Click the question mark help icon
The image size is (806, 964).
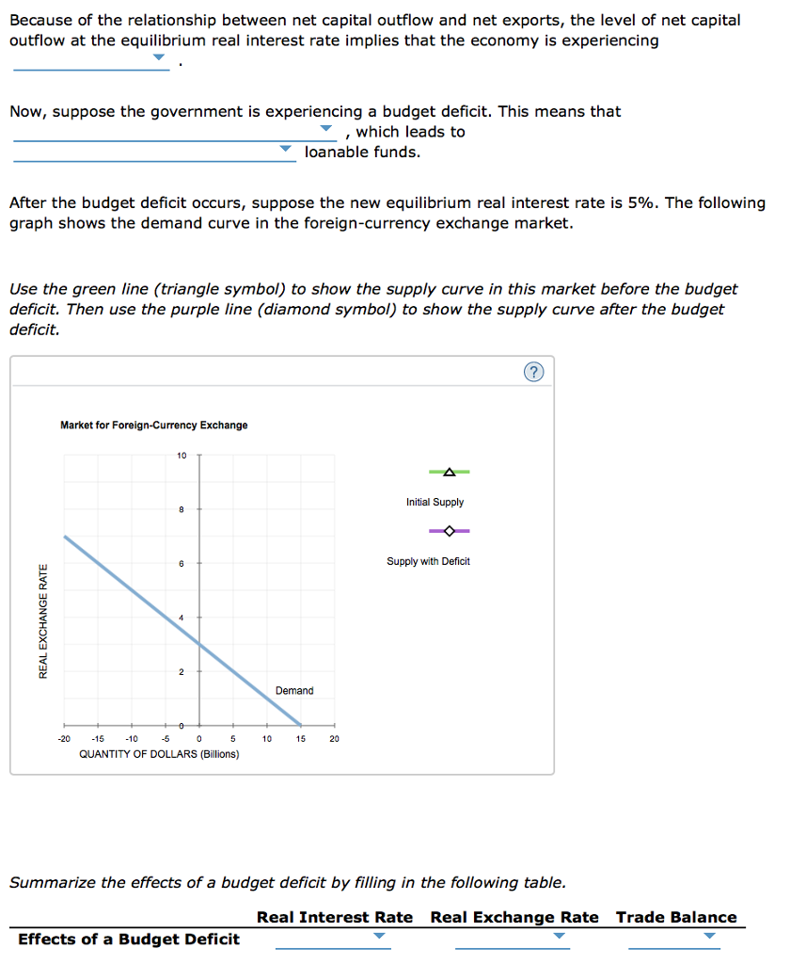point(533,373)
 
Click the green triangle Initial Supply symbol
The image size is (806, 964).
point(449,472)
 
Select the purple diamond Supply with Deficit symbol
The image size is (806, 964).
point(449,531)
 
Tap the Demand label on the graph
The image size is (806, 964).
point(294,691)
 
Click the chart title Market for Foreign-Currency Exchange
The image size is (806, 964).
point(154,426)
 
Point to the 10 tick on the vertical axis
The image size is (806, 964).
point(182,456)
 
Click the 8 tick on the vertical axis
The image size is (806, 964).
point(182,509)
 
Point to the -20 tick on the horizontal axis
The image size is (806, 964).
point(64,739)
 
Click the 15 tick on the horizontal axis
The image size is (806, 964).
point(300,739)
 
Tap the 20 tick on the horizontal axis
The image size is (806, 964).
point(334,739)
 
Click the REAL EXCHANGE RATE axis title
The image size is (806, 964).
point(42,619)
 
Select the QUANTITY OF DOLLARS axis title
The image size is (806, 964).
point(159,754)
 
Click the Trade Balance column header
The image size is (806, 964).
point(676,917)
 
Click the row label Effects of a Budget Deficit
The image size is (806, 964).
point(129,939)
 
